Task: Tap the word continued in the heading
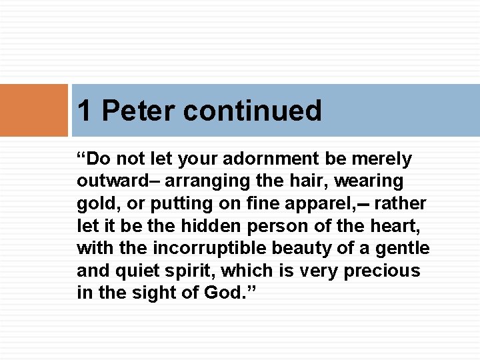[252, 111]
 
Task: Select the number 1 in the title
[85, 111]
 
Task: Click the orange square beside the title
[34, 110]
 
